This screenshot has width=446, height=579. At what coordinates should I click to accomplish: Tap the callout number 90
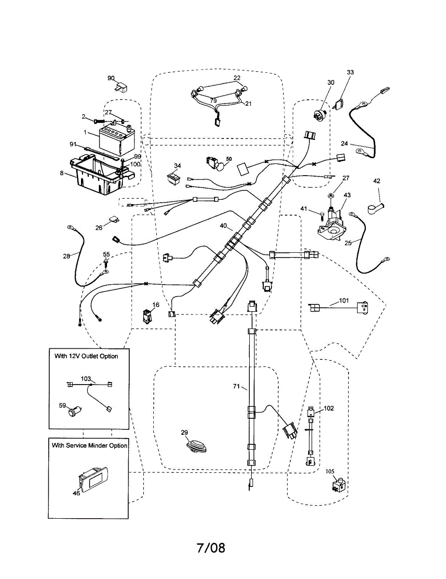click(x=111, y=78)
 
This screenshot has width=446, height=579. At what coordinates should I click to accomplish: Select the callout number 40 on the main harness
click(x=223, y=225)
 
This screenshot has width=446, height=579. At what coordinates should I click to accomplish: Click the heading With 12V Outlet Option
click(x=86, y=356)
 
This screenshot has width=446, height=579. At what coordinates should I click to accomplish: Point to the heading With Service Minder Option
click(x=90, y=445)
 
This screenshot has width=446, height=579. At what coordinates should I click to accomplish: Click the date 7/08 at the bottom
click(x=211, y=548)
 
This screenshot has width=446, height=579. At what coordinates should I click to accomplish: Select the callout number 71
click(x=237, y=386)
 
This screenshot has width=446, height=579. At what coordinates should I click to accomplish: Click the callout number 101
click(x=343, y=300)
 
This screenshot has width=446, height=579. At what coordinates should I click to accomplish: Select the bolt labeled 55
click(x=106, y=262)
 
